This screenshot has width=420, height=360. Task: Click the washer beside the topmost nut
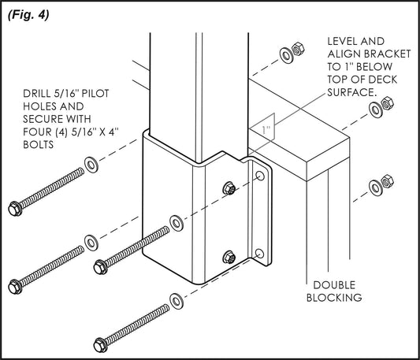pyautogui.click(x=285, y=56)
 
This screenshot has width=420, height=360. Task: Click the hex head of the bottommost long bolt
pyautogui.click(x=101, y=344)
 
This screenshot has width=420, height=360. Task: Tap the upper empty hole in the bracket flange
pyautogui.click(x=258, y=183)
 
